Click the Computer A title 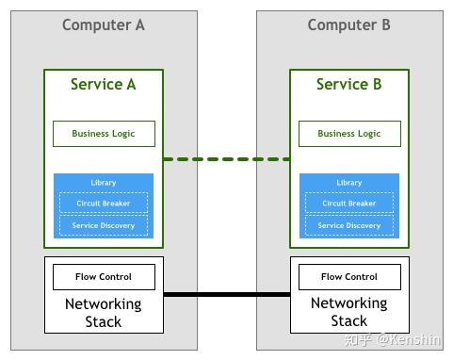pyautogui.click(x=104, y=25)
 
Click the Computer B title pyautogui.click(x=348, y=25)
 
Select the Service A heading pyautogui.click(x=104, y=85)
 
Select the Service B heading pyautogui.click(x=348, y=85)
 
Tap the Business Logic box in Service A pyautogui.click(x=104, y=134)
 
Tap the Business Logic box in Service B pyautogui.click(x=348, y=134)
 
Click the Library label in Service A pyautogui.click(x=104, y=183)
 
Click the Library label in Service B pyautogui.click(x=348, y=183)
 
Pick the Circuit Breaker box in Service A pyautogui.click(x=104, y=203)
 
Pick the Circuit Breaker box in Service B pyautogui.click(x=348, y=203)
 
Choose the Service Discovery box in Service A pyautogui.click(x=104, y=225)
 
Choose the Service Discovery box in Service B pyautogui.click(x=348, y=225)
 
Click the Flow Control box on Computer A pyautogui.click(x=104, y=277)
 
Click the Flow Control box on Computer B pyautogui.click(x=348, y=277)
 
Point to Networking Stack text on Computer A pyautogui.click(x=104, y=313)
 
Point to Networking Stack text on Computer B pyautogui.click(x=348, y=313)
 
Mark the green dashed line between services pyautogui.click(x=226, y=159)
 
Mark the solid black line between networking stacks pyautogui.click(x=226, y=295)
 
